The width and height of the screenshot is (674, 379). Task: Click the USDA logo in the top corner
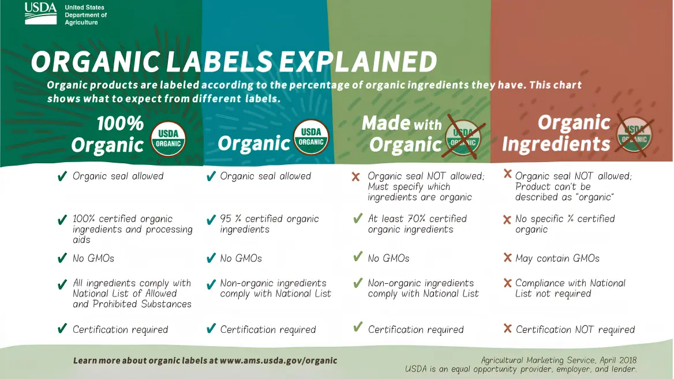point(40,13)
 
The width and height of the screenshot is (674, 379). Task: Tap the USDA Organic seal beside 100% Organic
point(168,138)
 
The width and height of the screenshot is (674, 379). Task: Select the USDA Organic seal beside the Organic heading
point(312,137)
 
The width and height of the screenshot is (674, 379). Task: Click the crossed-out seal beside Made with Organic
point(463,138)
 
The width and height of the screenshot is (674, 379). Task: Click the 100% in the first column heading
point(120,123)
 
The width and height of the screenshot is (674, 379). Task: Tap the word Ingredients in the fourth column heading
point(556,144)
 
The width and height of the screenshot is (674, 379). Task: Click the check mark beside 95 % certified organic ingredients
point(211,220)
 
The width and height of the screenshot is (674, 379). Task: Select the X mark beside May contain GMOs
point(508,257)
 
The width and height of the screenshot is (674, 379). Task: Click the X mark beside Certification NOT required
point(508,328)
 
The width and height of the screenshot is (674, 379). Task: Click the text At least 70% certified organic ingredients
point(417,224)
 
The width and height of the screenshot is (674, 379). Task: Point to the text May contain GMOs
point(557,258)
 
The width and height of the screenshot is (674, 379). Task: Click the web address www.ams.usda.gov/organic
point(279,361)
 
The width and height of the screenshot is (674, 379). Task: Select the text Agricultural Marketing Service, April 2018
point(559,360)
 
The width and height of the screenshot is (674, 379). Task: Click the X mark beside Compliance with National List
point(508,283)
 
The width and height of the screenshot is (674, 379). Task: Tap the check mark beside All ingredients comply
point(62,284)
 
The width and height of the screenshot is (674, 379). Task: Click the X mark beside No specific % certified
point(507,220)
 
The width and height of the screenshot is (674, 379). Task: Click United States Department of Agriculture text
point(85,15)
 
